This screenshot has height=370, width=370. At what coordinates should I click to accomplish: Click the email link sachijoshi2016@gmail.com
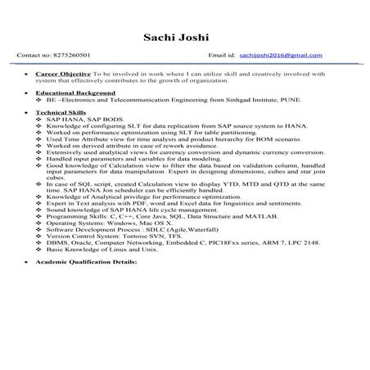tap(287, 56)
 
